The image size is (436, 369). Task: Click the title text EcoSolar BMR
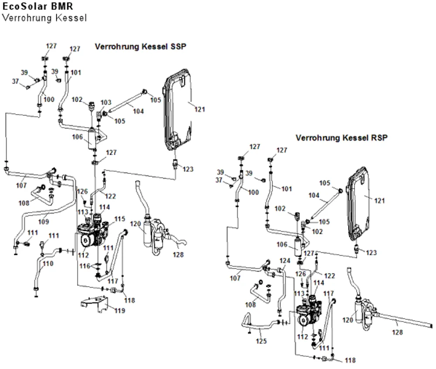click(x=38, y=6)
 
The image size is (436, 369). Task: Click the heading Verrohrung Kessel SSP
click(x=140, y=47)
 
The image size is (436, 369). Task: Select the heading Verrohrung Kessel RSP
click(x=341, y=138)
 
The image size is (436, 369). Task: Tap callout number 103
click(x=106, y=102)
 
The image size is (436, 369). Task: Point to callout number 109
click(x=43, y=221)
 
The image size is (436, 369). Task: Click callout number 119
click(x=120, y=310)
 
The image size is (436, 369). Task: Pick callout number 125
click(x=261, y=341)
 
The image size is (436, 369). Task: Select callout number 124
click(x=285, y=261)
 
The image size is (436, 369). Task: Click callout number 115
click(x=119, y=219)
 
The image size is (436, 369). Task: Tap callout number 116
click(x=85, y=266)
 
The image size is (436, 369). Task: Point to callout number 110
click(x=48, y=263)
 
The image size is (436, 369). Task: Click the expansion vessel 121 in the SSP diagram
click(x=177, y=110)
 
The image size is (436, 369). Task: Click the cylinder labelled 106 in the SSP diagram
click(x=92, y=139)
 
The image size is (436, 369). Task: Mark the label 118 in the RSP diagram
click(x=350, y=360)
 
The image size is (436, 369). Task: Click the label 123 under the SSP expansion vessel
click(x=187, y=169)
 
